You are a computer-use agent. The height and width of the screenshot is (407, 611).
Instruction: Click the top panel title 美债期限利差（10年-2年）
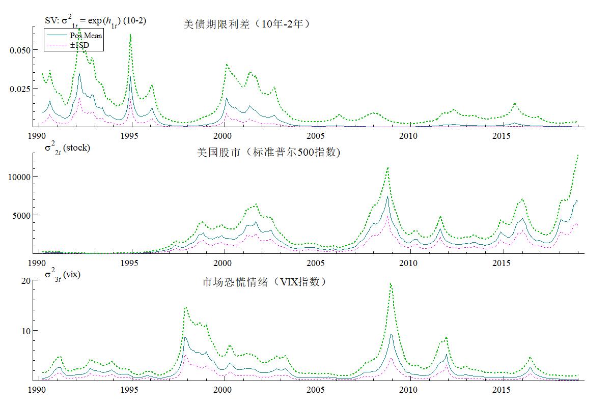[246, 24]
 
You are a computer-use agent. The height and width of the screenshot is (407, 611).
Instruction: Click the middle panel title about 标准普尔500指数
[268, 152]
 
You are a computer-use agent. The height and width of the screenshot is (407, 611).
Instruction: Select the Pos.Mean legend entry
[86, 35]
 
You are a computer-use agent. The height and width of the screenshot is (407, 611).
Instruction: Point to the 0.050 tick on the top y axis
[20, 50]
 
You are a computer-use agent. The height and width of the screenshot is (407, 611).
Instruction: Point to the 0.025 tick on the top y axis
[20, 89]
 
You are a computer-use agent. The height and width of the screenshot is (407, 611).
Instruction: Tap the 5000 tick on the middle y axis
[23, 215]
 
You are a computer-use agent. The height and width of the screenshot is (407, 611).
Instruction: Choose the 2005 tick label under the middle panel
[316, 263]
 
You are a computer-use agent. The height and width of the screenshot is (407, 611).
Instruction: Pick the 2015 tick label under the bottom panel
[502, 390]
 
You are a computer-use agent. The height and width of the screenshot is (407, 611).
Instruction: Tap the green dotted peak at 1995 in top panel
[130, 35]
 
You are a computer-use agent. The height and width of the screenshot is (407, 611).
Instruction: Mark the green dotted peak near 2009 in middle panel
[388, 167]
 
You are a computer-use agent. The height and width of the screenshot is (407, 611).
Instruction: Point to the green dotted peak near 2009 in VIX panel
[391, 284]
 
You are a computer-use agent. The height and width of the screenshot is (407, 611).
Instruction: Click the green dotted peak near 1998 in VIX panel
[185, 307]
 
